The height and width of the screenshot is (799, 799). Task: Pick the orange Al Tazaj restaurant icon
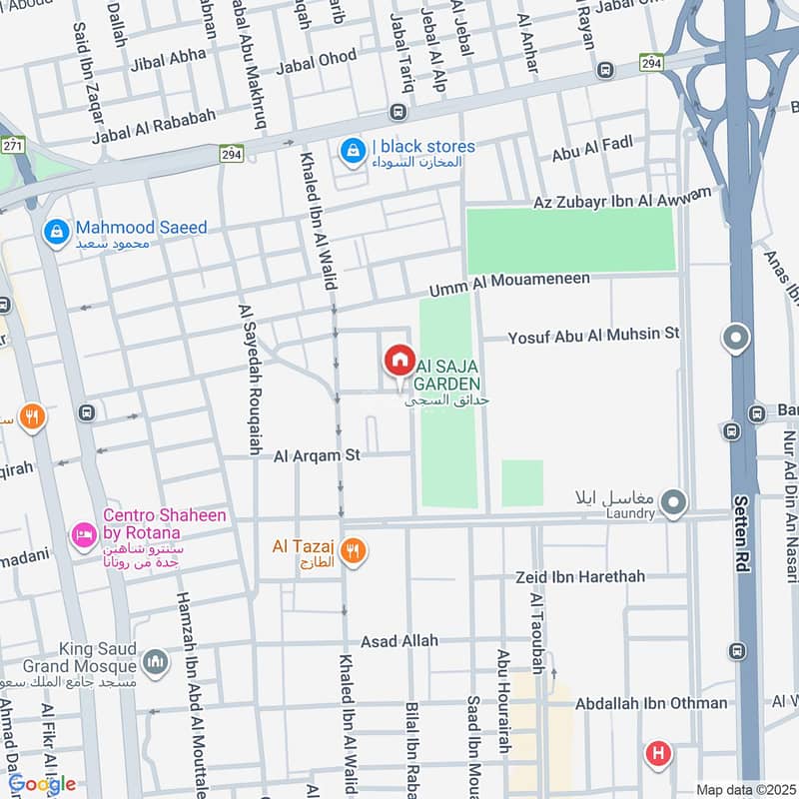[x=352, y=549]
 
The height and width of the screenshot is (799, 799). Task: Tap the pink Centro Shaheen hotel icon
[x=82, y=536]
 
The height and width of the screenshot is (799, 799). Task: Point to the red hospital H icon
[x=657, y=752]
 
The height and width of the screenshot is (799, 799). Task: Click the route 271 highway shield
[x=13, y=146]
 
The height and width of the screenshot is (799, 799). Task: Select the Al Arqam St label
[x=317, y=455]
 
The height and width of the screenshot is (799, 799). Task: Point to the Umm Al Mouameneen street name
[x=509, y=285]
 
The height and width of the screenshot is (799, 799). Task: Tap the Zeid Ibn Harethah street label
[x=580, y=577]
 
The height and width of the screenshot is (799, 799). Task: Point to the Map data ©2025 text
[x=744, y=790]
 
